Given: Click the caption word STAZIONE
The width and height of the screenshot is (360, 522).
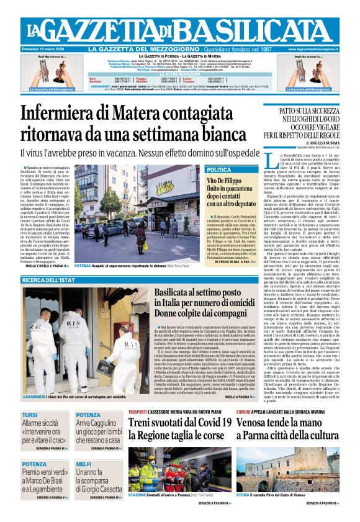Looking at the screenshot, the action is [137, 495].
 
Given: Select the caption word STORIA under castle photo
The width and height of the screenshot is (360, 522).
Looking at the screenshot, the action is [243, 495].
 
